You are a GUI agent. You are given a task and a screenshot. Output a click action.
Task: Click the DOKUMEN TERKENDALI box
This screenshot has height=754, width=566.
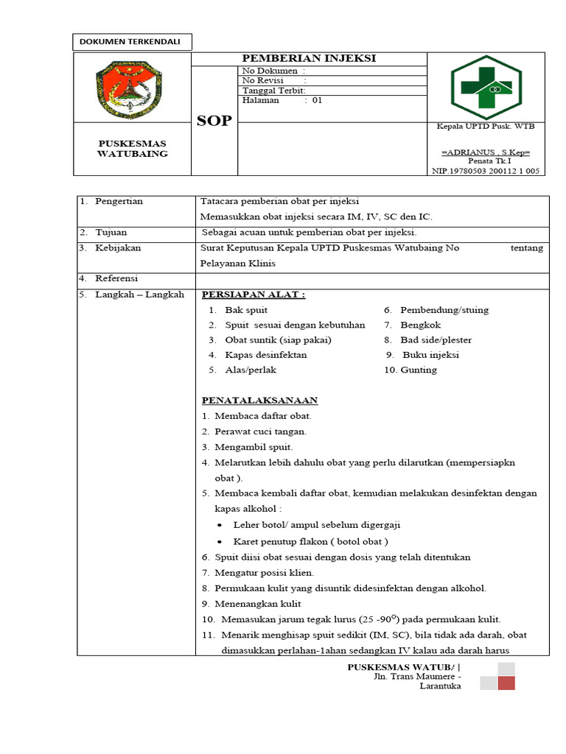[x=132, y=42]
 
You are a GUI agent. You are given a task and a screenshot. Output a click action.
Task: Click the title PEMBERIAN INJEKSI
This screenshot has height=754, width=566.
[x=310, y=59]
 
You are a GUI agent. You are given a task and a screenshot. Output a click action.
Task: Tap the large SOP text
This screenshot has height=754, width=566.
[x=214, y=121]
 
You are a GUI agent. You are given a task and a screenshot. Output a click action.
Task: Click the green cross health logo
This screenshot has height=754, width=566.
[x=486, y=87]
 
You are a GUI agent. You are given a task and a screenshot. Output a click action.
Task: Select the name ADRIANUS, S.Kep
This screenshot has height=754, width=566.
[x=486, y=152]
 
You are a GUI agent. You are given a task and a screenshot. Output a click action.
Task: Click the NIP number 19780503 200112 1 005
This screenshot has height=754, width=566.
[x=486, y=170]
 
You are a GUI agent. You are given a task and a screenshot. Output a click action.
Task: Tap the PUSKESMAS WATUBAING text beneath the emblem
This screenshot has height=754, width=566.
[x=133, y=148]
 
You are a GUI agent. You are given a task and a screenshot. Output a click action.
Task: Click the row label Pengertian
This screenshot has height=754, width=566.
[x=119, y=201]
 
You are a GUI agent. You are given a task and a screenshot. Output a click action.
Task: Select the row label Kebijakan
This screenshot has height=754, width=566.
[x=118, y=248]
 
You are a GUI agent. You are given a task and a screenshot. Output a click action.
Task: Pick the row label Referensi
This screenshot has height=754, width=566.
[x=116, y=278]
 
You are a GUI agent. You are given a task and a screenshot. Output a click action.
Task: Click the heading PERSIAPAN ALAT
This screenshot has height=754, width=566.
[x=254, y=295]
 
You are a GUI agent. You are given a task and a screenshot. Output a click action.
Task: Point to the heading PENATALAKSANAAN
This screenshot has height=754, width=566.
[x=259, y=401]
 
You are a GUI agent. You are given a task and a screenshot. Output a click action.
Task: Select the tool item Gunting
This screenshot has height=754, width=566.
[x=419, y=370]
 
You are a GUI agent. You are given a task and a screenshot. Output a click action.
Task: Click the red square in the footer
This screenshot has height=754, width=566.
[x=506, y=683]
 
